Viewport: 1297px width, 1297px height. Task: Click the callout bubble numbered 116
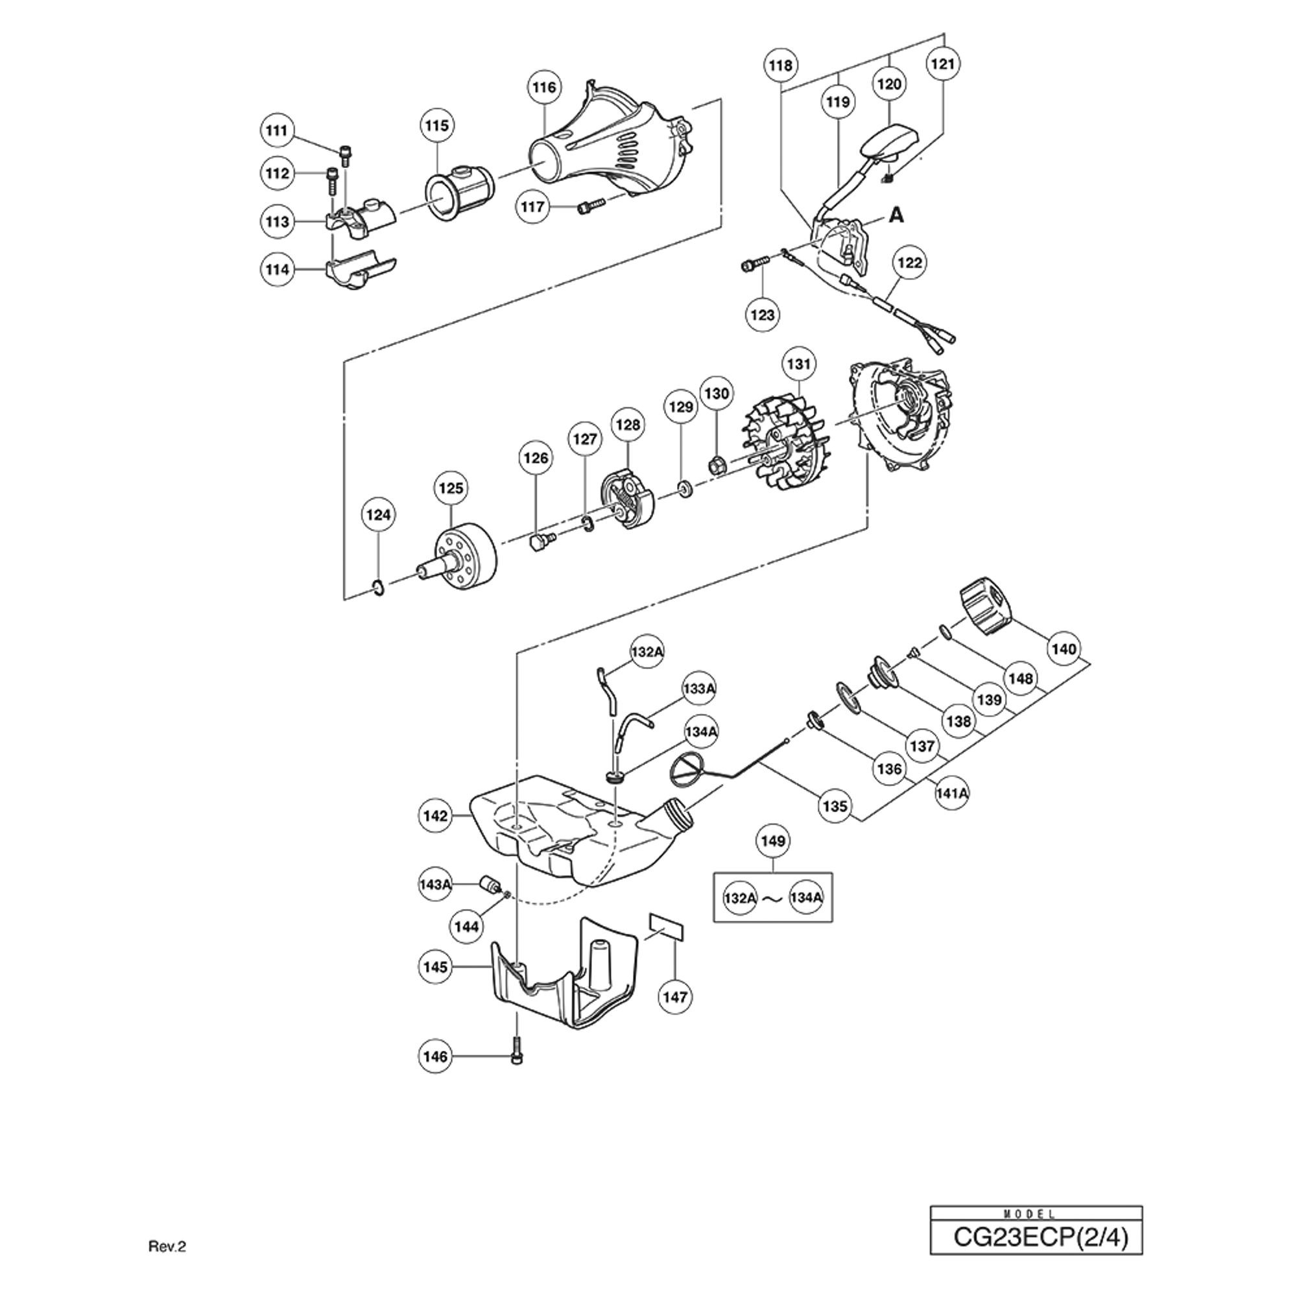545,88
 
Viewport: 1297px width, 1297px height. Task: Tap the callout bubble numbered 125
451,488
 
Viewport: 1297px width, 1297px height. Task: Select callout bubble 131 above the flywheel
799,364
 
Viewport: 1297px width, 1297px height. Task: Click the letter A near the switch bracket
896,215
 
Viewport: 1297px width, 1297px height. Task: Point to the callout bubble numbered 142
436,816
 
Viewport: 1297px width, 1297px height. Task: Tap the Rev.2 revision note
167,1265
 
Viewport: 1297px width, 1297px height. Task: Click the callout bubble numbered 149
774,840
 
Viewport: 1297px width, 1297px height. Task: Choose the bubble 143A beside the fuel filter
435,885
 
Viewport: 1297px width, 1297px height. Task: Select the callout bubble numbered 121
943,64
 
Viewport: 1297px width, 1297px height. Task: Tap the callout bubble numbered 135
835,805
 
